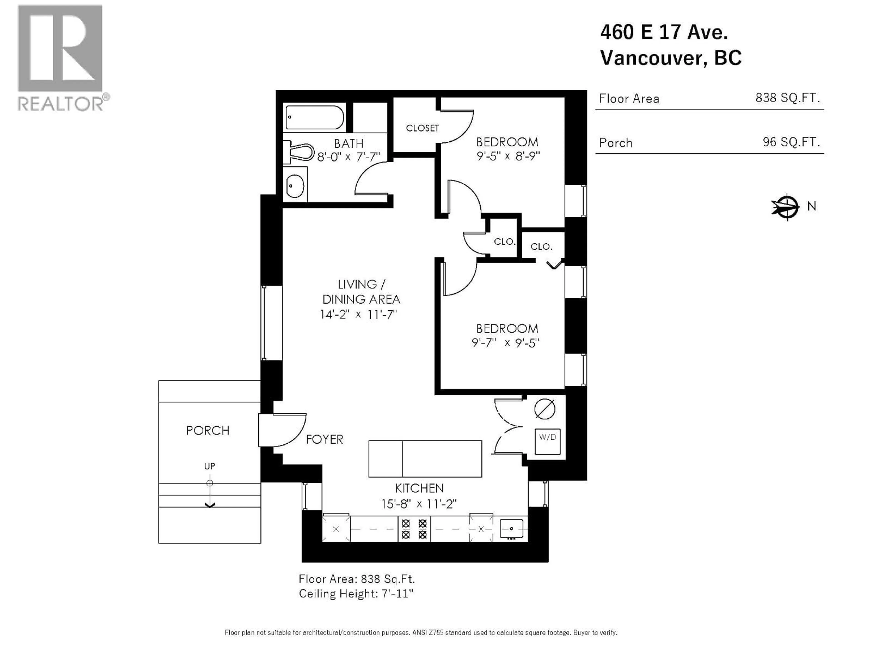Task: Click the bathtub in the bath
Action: pyautogui.click(x=314, y=117)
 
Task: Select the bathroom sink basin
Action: pyautogui.click(x=295, y=185)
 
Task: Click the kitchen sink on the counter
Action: pyautogui.click(x=511, y=528)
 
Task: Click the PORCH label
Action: pyautogui.click(x=208, y=431)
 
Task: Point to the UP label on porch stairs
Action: pyautogui.click(x=210, y=466)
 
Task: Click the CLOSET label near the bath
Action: pyautogui.click(x=422, y=128)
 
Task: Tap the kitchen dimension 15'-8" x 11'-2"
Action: pyautogui.click(x=419, y=504)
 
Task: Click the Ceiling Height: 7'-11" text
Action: pyautogui.click(x=356, y=594)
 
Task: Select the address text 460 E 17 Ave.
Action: pyautogui.click(x=664, y=32)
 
